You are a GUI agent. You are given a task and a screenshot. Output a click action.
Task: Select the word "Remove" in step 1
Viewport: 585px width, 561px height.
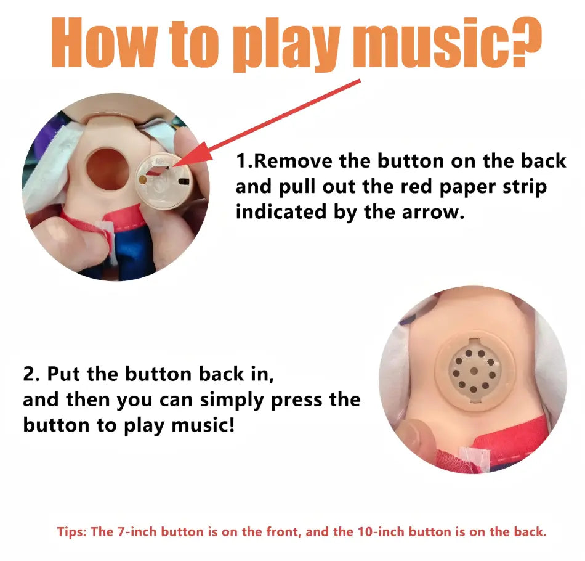pos(293,161)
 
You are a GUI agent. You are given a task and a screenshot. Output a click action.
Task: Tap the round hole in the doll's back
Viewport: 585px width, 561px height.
pos(107,168)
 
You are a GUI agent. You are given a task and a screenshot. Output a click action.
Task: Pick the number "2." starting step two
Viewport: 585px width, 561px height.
pos(31,374)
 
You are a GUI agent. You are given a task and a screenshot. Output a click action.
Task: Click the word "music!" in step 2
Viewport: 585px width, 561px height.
pos(203,425)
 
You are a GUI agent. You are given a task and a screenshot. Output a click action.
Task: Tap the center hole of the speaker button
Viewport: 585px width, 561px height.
pos(474,371)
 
